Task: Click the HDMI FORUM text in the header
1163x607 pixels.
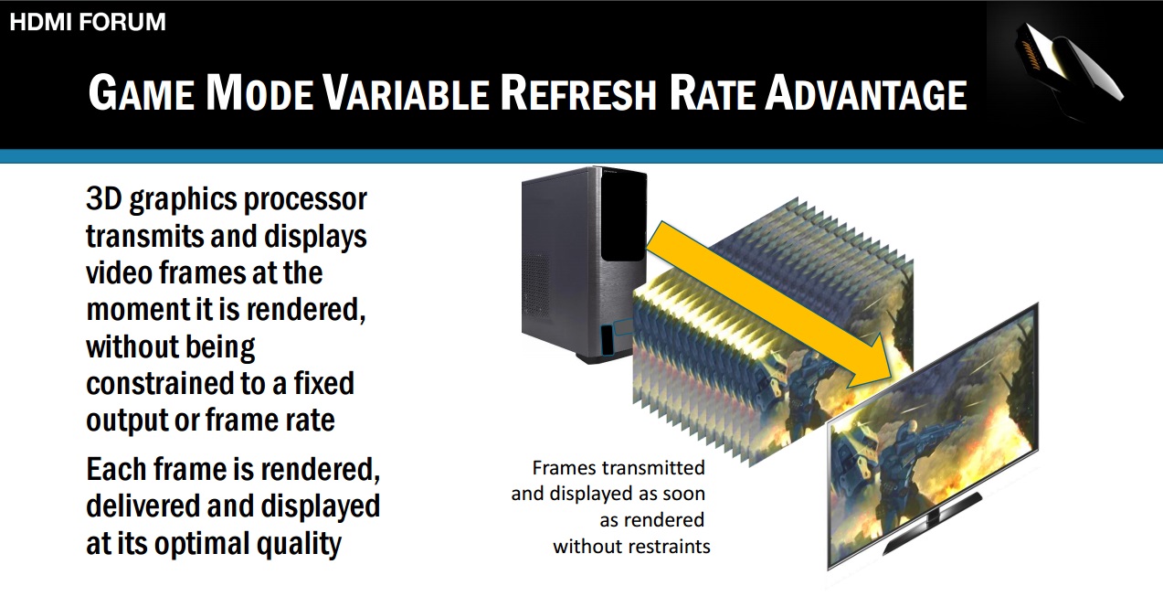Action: [x=88, y=22]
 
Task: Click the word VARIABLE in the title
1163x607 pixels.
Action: [x=406, y=93]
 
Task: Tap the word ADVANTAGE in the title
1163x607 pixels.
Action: [x=865, y=93]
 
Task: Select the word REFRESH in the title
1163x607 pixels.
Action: [x=578, y=93]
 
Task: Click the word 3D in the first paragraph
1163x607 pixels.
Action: [x=104, y=199]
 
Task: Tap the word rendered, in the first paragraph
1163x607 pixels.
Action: [x=306, y=309]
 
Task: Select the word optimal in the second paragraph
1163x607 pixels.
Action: [x=202, y=545]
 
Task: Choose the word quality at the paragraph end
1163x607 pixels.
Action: [x=299, y=545]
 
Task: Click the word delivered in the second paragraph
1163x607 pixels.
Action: [x=143, y=506]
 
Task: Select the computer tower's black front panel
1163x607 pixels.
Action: [x=623, y=216]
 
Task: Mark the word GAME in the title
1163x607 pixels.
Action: [x=142, y=93]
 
